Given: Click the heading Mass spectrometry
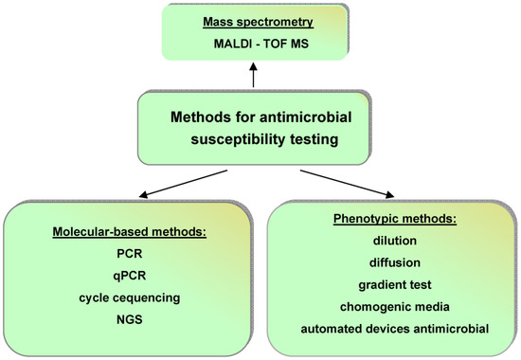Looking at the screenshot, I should pos(264,23).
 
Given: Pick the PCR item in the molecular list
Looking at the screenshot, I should pos(132,259).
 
